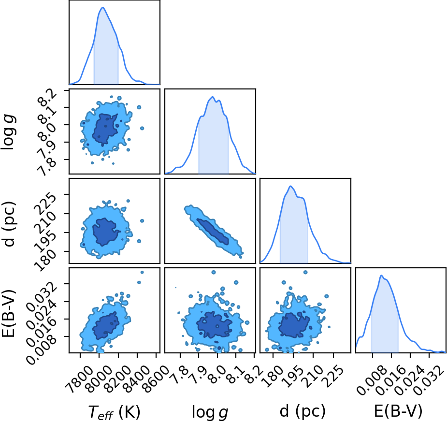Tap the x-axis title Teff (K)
tap(115, 411)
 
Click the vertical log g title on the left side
tap(8, 131)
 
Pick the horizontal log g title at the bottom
tap(210, 412)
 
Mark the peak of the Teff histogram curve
tap(102, 7)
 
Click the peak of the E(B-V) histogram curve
tap(381, 276)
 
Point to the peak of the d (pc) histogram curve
tap(290, 186)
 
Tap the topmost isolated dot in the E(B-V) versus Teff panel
tap(142, 272)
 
